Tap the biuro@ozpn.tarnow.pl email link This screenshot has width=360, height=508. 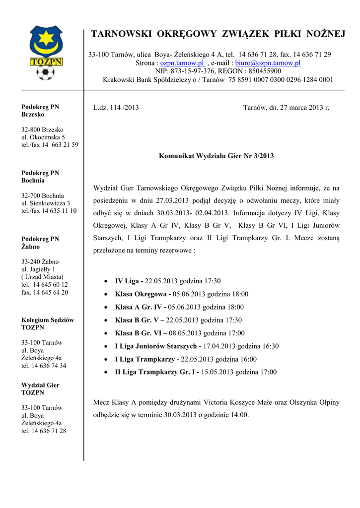tap(268, 63)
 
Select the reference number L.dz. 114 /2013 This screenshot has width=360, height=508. tap(116, 107)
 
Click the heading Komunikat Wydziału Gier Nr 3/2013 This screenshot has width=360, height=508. tap(216, 156)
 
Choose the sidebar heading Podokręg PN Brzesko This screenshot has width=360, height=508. tap(40, 111)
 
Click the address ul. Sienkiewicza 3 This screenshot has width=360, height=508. tap(45, 203)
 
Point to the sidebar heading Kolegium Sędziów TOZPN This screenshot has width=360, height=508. tap(47, 324)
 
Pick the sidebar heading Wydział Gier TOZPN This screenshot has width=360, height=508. tap(40, 389)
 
